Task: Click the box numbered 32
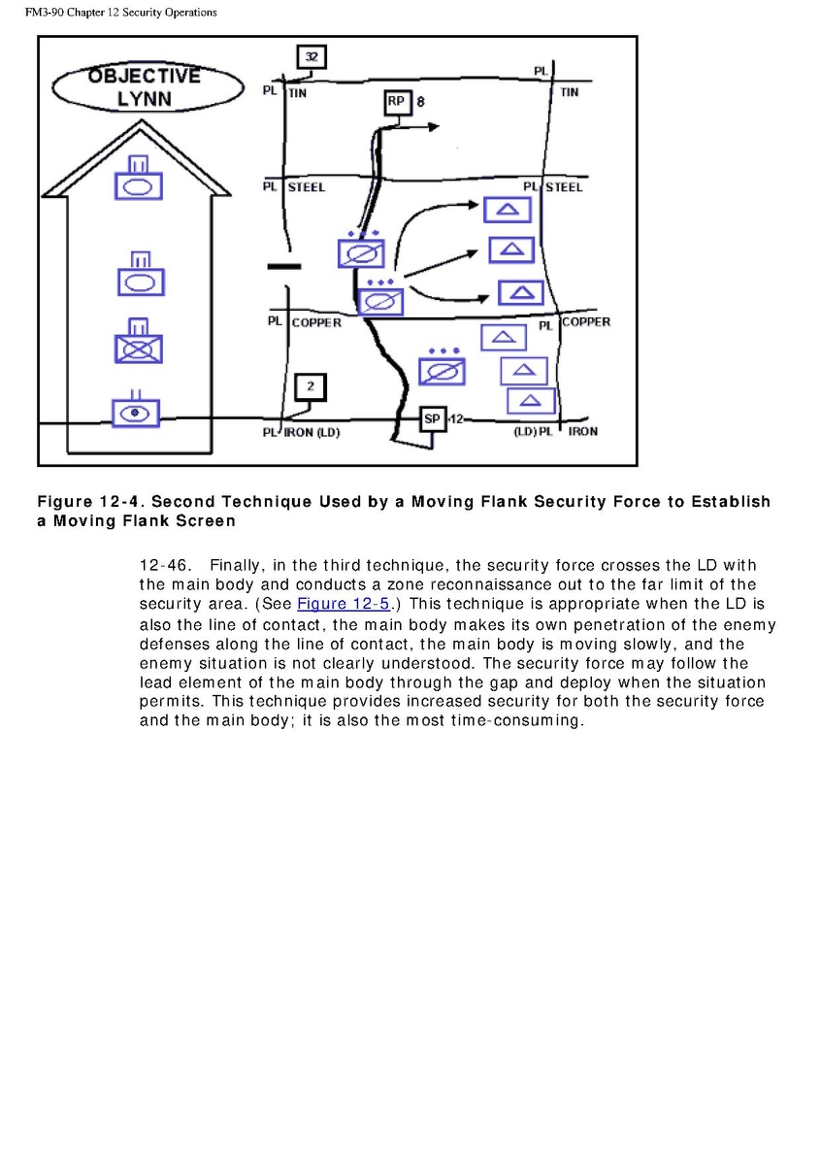pos(311,57)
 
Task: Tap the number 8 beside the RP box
pos(421,101)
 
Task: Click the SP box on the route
pos(433,418)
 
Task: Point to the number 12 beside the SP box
pos(456,418)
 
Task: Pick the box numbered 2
pos(311,387)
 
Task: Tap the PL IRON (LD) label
pos(301,432)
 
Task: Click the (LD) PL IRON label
pos(555,431)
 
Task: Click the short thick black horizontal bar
pos(283,266)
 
